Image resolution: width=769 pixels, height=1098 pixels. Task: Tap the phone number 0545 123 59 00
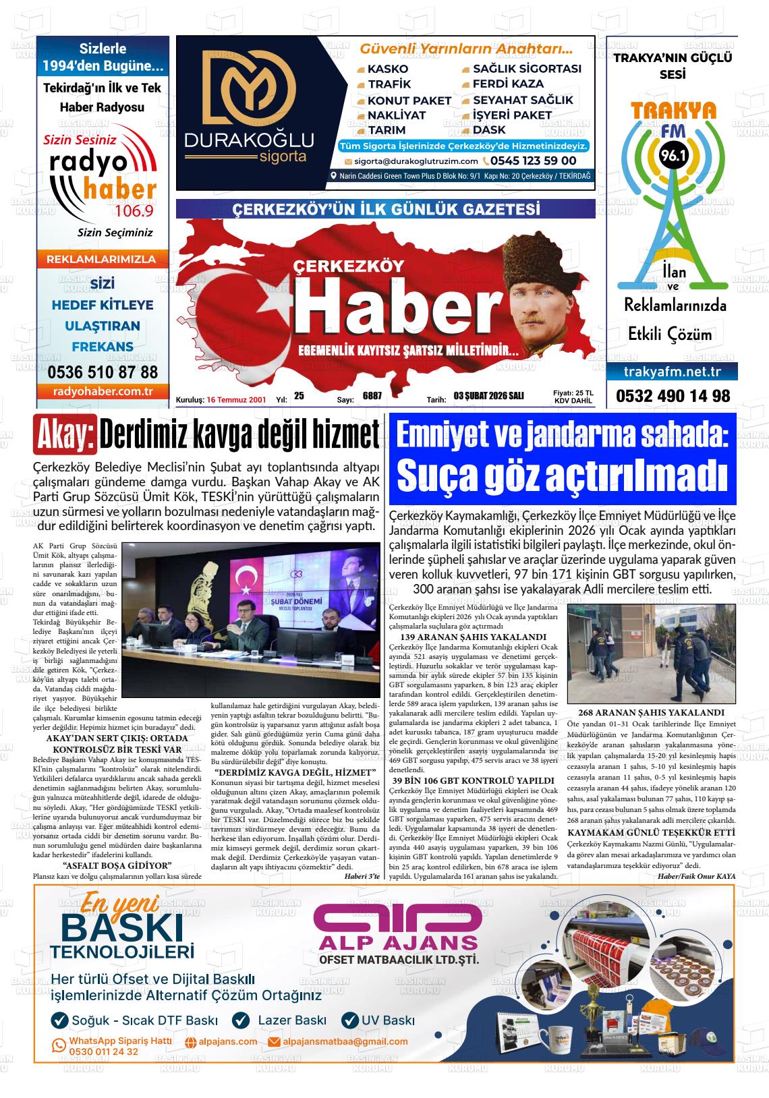[533, 161]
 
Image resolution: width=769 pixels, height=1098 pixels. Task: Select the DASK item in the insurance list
[489, 130]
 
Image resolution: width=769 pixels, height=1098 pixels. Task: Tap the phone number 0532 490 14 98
[673, 396]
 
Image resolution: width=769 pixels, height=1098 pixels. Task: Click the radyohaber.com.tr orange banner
[103, 391]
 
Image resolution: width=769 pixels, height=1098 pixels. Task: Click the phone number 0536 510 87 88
[103, 372]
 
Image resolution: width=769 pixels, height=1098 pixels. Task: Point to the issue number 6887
[372, 396]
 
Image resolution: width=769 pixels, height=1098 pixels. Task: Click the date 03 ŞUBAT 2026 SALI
[488, 396]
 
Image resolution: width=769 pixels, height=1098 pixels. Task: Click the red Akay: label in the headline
[65, 437]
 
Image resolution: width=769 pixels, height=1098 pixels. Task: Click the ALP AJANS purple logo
[398, 925]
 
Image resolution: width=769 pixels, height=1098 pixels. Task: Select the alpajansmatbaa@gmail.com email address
[345, 1041]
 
